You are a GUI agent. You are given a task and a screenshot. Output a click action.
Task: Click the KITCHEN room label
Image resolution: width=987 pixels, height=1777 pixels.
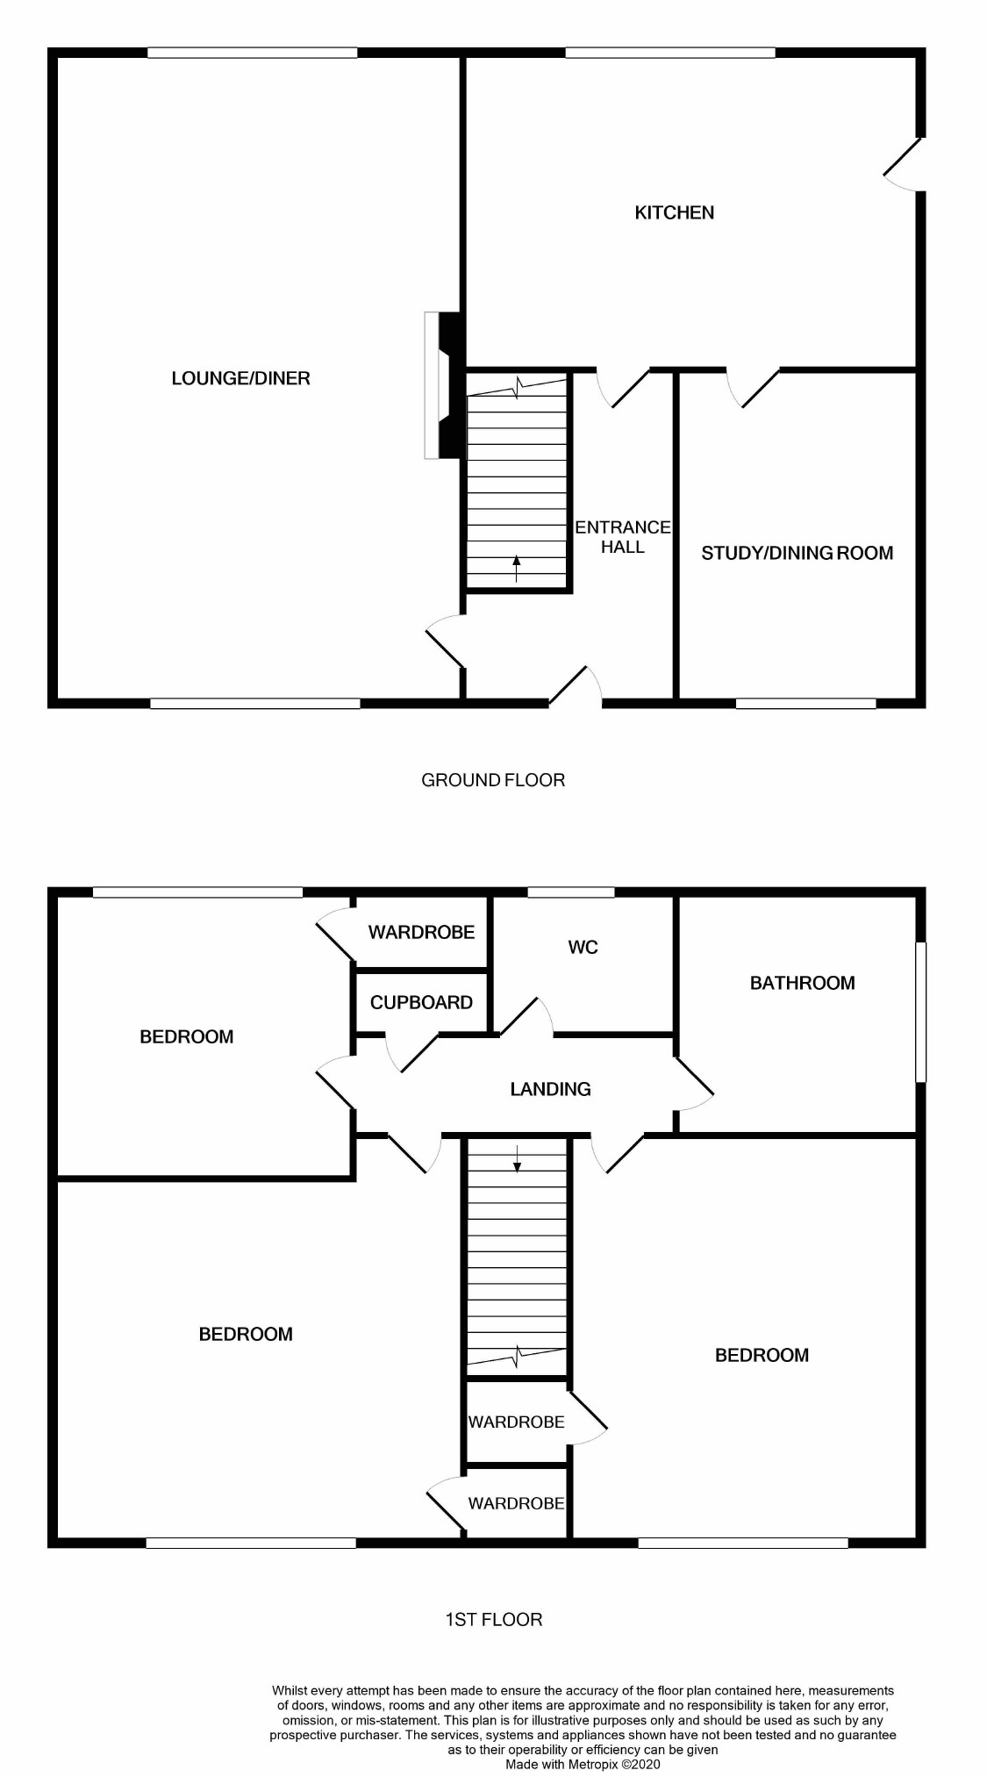674,212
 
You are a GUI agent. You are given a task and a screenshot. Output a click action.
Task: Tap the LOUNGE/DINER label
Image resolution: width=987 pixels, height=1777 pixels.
240,378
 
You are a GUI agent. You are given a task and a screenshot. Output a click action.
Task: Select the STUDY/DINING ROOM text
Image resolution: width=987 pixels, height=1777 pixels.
797,553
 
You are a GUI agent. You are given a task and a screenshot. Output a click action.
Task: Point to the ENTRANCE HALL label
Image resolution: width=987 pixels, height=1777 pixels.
623,536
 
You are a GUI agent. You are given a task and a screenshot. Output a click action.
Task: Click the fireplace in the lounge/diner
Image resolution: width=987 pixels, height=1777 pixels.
443,384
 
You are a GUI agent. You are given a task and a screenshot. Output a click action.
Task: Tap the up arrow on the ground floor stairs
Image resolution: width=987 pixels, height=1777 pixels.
516,569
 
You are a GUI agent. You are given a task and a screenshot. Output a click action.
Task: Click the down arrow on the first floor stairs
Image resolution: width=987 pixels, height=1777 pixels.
517,1158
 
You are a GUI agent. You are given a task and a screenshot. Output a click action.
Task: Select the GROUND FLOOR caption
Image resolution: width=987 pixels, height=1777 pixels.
493,780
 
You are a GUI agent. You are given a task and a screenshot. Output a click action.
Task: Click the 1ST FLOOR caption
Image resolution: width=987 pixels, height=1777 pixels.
494,1619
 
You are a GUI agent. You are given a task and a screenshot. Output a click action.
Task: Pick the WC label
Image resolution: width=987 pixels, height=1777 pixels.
583,947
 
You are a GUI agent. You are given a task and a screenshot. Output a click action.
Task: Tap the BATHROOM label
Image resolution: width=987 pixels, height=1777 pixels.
802,983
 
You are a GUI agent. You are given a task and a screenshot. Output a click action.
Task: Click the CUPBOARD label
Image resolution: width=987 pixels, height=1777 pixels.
421,1002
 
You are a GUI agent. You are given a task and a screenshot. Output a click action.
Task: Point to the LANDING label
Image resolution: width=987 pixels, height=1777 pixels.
551,1089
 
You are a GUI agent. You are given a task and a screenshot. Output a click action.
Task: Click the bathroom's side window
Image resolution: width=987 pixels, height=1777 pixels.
920,1012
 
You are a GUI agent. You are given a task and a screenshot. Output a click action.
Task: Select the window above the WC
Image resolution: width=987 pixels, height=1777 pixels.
571,892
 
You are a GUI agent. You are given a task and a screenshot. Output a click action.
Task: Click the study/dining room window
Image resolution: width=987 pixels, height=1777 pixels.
805,703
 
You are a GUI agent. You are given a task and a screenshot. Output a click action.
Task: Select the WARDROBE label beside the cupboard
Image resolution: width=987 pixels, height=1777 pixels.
421,932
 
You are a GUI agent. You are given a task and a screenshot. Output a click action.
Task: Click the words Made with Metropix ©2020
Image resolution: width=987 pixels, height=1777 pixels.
583,1764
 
